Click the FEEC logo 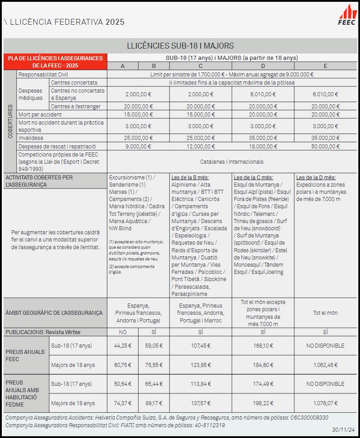tap(347, 15)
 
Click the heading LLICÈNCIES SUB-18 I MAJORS tap(180, 46)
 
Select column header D tap(263, 66)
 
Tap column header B tap(154, 66)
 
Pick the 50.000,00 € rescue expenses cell tap(325, 146)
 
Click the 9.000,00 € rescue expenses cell tap(138, 146)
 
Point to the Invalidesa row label tap(31, 138)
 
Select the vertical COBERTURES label tap(10, 121)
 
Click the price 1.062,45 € tap(325, 365)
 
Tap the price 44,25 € tap(122, 346)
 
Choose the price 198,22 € tap(263, 403)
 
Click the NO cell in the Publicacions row tap(122, 332)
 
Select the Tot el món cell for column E tap(325, 313)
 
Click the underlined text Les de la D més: tap(316, 178)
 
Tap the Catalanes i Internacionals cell tap(232, 161)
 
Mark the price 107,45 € tap(200, 346)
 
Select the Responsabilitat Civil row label tap(43, 75)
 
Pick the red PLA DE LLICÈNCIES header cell tap(55, 62)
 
